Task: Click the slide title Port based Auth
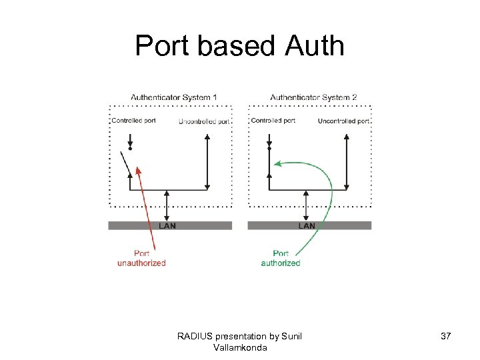point(239,46)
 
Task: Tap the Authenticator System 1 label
point(174,97)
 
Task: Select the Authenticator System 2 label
point(313,97)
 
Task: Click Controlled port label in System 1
point(133,121)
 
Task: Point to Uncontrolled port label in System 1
point(204,121)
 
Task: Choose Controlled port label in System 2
point(273,121)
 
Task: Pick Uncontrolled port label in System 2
point(343,121)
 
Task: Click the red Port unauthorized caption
point(141,258)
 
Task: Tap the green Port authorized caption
point(281,258)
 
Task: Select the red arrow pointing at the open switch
point(145,207)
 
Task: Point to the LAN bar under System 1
point(169,226)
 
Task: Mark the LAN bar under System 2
point(309,226)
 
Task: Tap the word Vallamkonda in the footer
point(239,348)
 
